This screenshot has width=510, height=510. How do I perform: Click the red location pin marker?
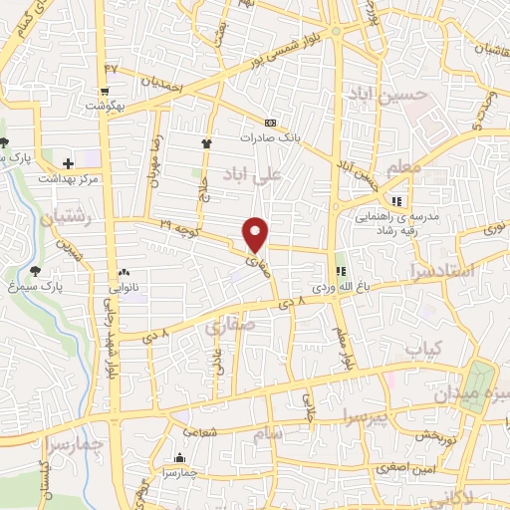pos(256,234)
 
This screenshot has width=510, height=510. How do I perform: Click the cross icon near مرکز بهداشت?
pos(68,163)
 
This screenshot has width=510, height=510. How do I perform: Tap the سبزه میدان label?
pos(482,395)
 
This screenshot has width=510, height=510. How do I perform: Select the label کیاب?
pos(417,347)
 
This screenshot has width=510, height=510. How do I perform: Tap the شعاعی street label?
pos(197,431)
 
